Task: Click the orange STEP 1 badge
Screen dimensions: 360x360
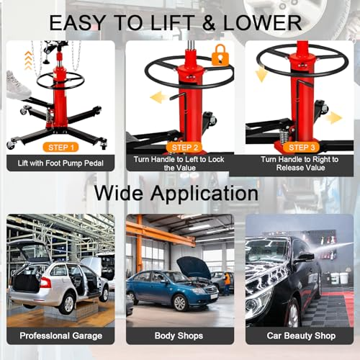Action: click(x=60, y=148)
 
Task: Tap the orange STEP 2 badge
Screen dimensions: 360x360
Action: click(x=184, y=148)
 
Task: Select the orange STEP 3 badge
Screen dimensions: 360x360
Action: click(x=302, y=148)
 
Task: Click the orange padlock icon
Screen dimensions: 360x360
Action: click(x=220, y=55)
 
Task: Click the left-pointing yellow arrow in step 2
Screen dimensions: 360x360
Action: click(x=159, y=97)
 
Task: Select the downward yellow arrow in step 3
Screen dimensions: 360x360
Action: click(x=261, y=74)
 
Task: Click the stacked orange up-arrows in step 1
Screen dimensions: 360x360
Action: click(x=28, y=60)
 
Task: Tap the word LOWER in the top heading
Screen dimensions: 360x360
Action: click(x=263, y=23)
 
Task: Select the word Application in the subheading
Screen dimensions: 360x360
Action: click(x=204, y=194)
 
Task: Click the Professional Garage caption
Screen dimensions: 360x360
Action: click(x=61, y=336)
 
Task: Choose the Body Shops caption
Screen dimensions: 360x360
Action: click(x=179, y=336)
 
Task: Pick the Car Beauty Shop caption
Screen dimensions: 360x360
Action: click(x=301, y=336)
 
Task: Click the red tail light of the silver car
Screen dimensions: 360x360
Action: click(x=45, y=282)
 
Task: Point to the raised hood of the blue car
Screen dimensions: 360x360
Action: click(x=194, y=266)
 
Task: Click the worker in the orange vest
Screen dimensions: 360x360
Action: click(x=227, y=283)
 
